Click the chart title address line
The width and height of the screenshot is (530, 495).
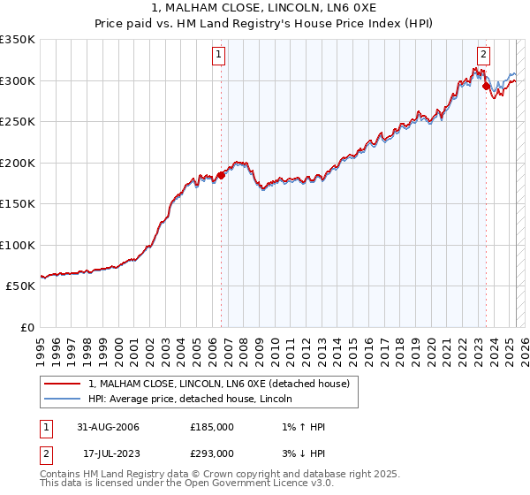tap(265, 7)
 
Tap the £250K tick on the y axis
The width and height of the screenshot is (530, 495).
tap(17, 121)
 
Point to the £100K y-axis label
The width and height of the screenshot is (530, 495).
tap(17, 245)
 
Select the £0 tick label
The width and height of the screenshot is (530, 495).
tap(26, 327)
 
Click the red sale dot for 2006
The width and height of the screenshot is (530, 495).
tap(222, 175)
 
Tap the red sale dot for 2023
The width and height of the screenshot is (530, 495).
tap(486, 86)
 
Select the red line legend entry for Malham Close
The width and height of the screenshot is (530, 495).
tap(219, 384)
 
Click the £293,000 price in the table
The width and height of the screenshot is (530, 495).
tap(212, 453)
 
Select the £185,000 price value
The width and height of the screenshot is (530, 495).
tap(212, 427)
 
